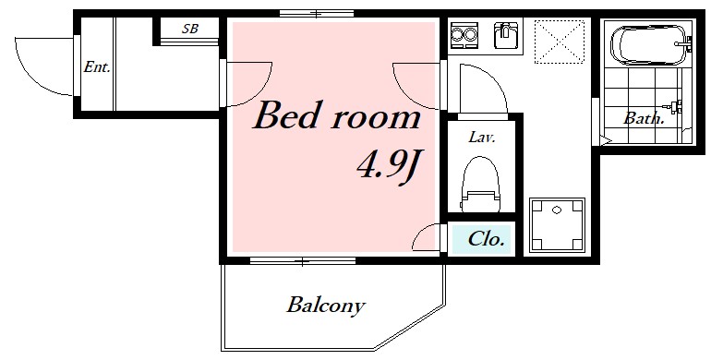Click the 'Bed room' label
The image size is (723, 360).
337,115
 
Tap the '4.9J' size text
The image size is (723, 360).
390,166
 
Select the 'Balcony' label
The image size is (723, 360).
326,306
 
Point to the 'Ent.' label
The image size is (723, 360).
97,67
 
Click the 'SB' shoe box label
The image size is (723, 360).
190,29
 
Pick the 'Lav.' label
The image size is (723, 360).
482,137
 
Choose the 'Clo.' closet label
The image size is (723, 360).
486,239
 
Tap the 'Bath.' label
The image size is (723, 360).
644,118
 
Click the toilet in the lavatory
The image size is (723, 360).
480,185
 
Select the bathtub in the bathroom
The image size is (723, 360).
651,45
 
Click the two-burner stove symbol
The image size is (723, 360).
464,34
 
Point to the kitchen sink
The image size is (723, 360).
506,35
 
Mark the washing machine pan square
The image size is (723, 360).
557,225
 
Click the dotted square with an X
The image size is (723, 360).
560,42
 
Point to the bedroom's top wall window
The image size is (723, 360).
317,13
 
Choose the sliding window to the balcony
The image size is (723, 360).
303,261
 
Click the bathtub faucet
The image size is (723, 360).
683,44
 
